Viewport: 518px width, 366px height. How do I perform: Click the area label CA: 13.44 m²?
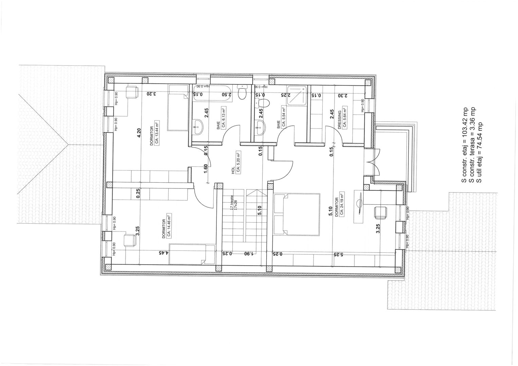click(x=157, y=133)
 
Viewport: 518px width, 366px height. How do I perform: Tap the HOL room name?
click(x=233, y=167)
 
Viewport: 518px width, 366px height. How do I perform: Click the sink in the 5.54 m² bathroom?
click(x=260, y=126)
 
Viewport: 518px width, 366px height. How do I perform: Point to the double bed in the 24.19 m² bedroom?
click(x=297, y=214)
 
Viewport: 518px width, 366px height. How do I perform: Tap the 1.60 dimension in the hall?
click(x=206, y=168)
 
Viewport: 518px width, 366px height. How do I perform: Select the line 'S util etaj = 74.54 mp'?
click(x=479, y=152)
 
